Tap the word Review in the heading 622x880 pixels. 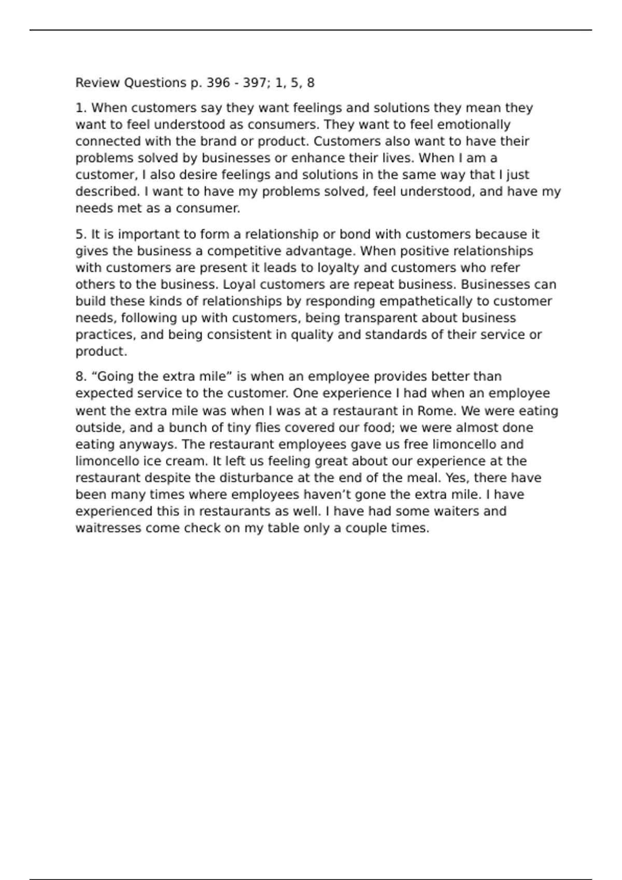98,83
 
